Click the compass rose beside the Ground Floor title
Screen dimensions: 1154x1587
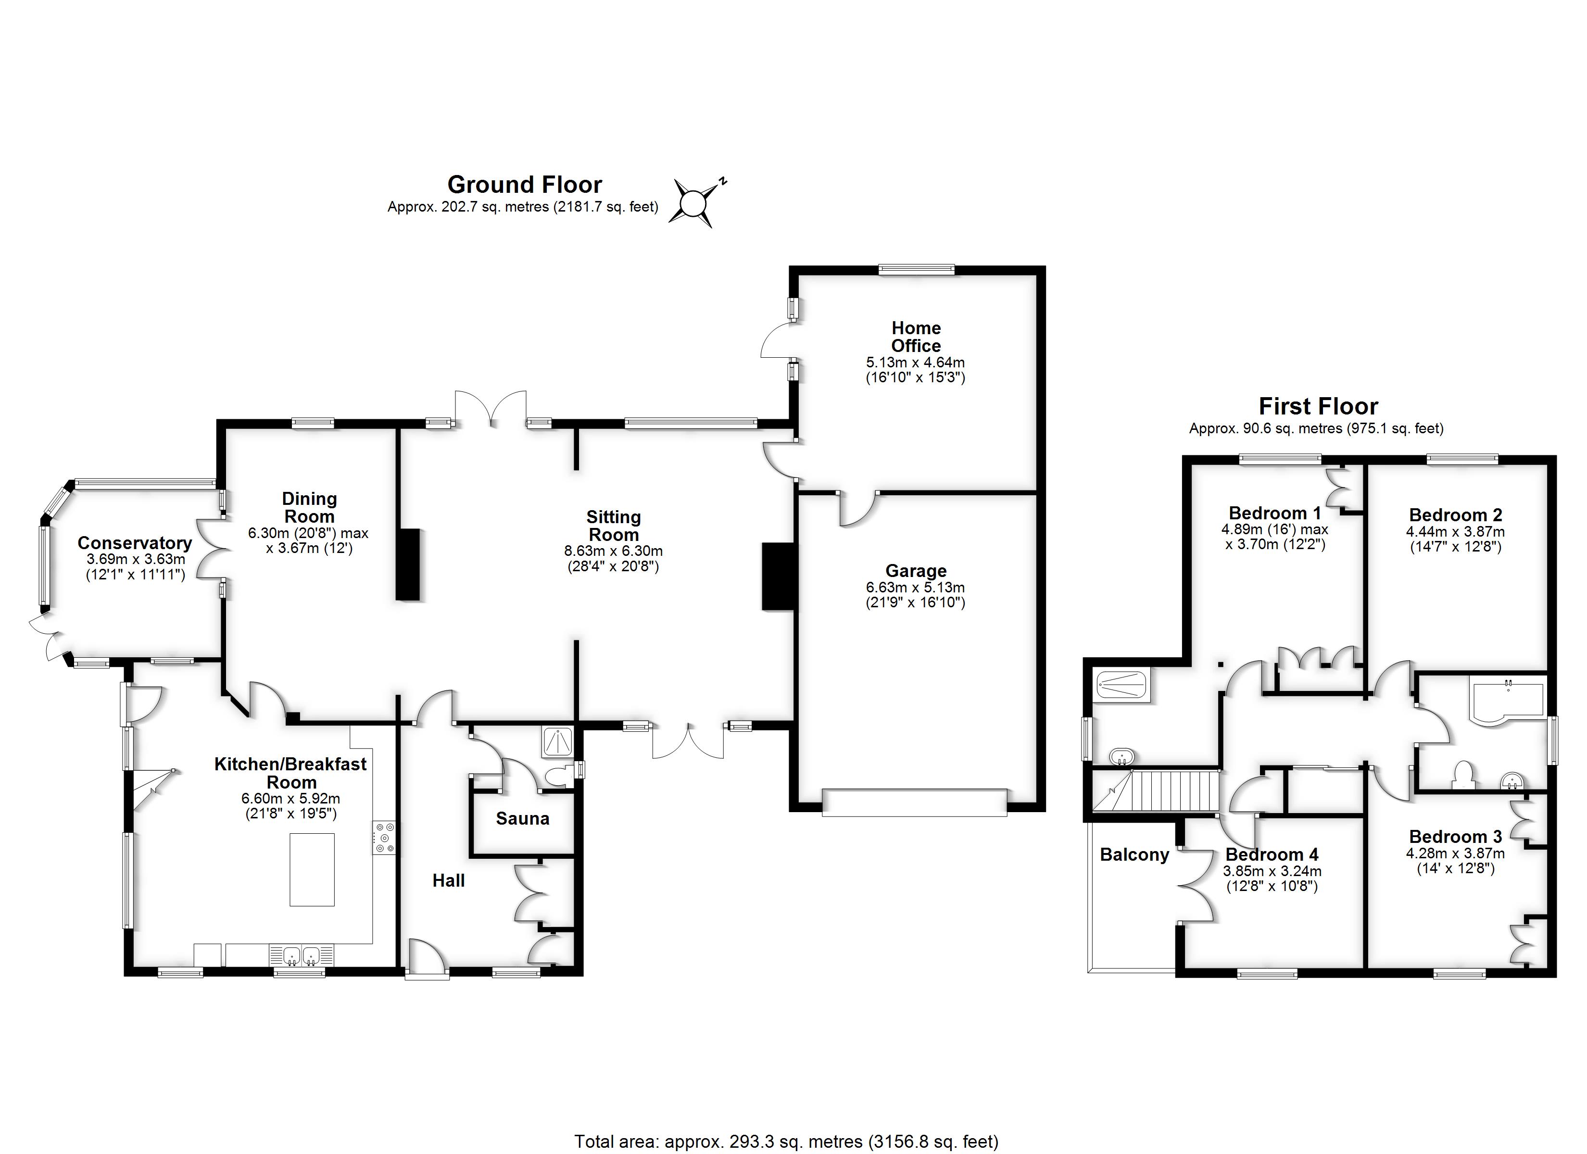click(693, 204)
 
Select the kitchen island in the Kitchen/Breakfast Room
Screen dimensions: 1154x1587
click(312, 870)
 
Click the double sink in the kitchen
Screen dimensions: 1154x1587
click(302, 954)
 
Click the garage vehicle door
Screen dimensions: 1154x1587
click(914, 802)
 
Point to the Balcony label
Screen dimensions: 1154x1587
click(1134, 854)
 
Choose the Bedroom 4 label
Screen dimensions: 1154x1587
click(1272, 854)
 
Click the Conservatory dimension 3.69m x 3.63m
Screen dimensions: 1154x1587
click(136, 560)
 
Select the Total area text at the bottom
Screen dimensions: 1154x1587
click(786, 1141)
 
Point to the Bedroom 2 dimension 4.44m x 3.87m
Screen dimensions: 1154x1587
click(1455, 532)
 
